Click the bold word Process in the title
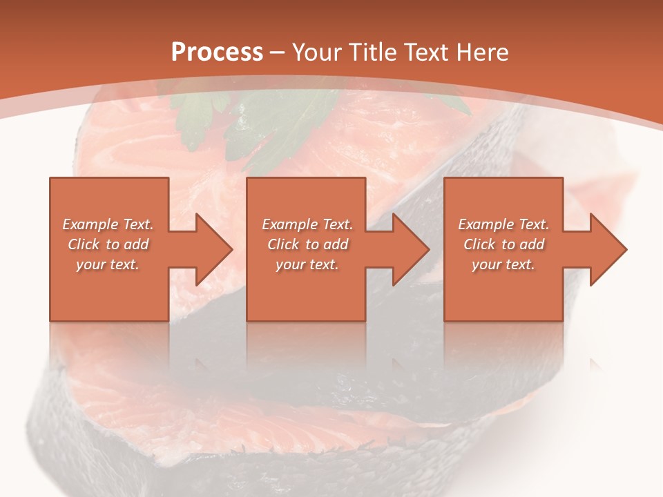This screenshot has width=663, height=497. pos(217,52)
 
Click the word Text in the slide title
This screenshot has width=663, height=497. pos(425,52)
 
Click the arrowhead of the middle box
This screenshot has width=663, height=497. pos(410,249)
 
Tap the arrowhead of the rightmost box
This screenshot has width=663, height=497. pos(608,249)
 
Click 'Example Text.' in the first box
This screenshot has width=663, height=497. pos(108,224)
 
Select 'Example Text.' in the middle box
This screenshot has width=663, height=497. pos(307,224)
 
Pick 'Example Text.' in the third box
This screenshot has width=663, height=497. pos(503,224)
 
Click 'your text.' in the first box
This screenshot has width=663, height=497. pos(108,264)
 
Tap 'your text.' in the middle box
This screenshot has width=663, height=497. pos(307,264)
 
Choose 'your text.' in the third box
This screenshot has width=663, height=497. pos(503,264)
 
